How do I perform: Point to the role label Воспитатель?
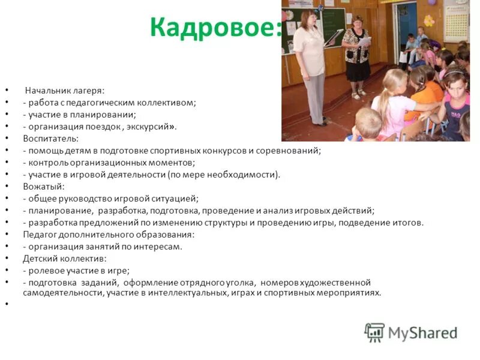tap(46, 139)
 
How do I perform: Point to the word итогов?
tap(409, 223)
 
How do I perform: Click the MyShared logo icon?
tap(374, 332)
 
